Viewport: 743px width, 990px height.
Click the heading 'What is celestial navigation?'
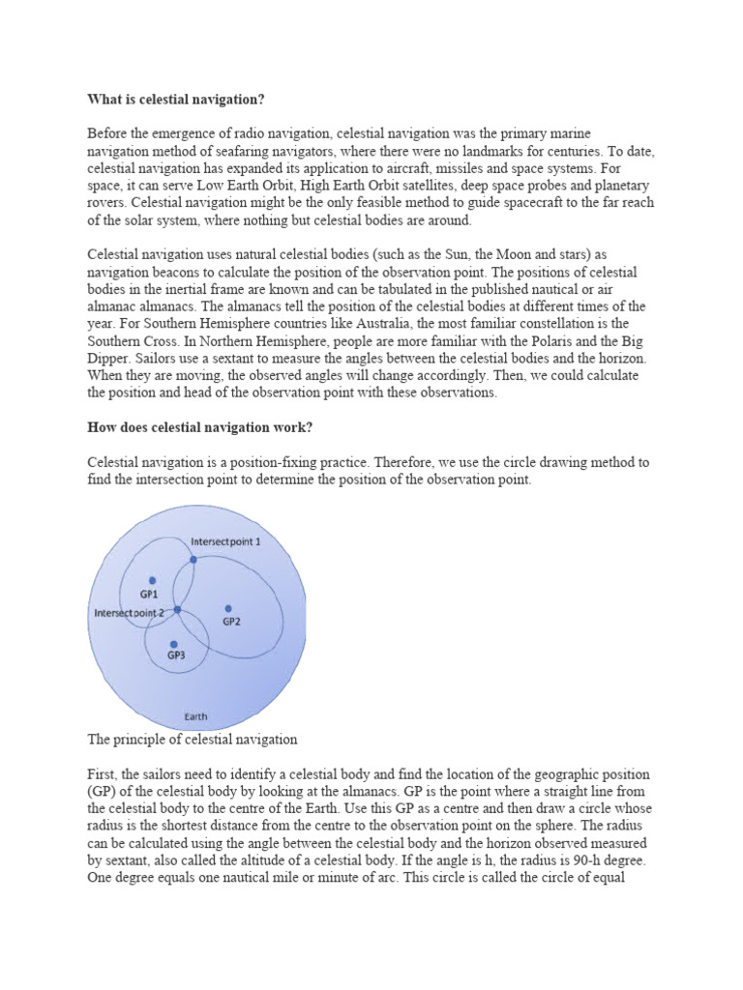click(176, 99)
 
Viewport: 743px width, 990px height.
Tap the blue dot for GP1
click(151, 576)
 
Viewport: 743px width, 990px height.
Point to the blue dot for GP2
click(228, 608)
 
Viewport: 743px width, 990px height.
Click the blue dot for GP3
click(174, 644)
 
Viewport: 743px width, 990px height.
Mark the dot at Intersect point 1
click(193, 559)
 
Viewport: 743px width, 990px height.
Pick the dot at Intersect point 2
click(177, 609)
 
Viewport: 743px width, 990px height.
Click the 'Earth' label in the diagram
click(196, 716)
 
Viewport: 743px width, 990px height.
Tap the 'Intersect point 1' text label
click(226, 542)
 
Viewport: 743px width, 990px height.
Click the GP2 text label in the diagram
click(231, 622)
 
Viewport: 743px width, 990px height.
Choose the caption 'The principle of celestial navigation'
click(192, 740)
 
